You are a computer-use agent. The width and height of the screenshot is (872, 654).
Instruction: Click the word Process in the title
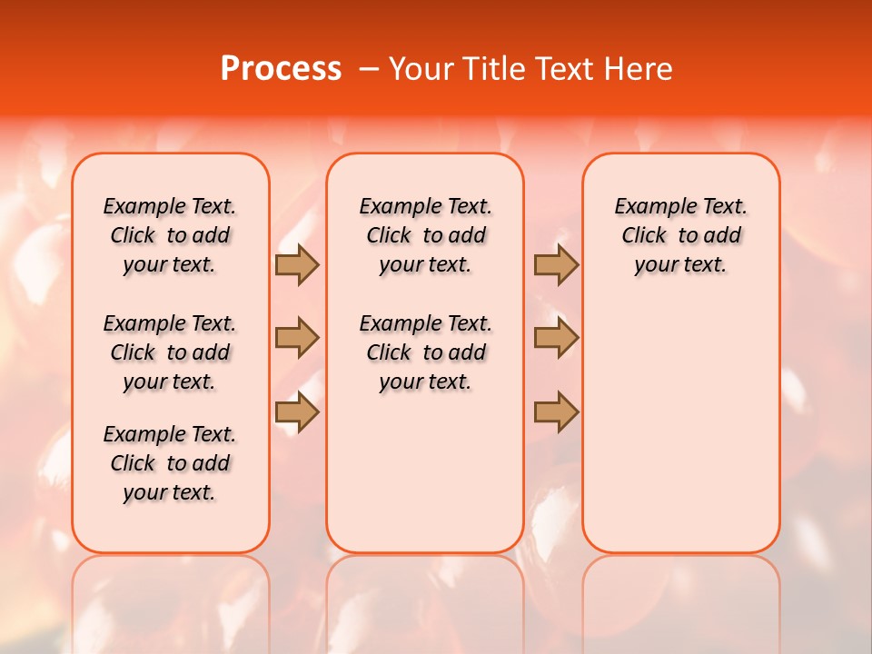pyautogui.click(x=281, y=69)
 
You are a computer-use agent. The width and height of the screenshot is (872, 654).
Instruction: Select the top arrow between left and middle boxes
pyautogui.click(x=297, y=264)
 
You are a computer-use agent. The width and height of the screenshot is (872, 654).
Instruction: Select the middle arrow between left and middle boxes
pyautogui.click(x=297, y=338)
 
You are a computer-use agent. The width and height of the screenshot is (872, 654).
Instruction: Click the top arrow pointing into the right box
pyautogui.click(x=556, y=264)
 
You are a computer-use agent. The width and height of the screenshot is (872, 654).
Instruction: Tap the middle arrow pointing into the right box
pyautogui.click(x=556, y=338)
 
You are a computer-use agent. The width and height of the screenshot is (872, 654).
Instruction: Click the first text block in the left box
pyautogui.click(x=170, y=235)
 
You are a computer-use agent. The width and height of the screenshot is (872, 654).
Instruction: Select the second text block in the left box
pyautogui.click(x=170, y=352)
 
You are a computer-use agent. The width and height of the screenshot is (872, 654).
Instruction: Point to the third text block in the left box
pyautogui.click(x=170, y=463)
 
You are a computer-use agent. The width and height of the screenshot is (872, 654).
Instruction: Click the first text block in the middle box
pyautogui.click(x=425, y=235)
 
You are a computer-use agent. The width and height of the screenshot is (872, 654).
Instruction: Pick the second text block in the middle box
pyautogui.click(x=425, y=352)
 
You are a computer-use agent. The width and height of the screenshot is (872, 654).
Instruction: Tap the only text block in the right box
pyautogui.click(x=680, y=235)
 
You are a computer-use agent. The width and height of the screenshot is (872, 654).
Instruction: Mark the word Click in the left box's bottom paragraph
pyautogui.click(x=133, y=463)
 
